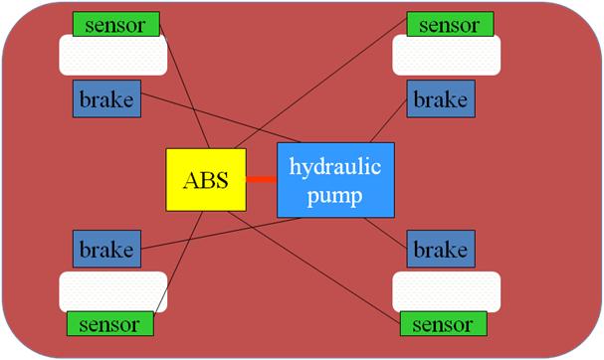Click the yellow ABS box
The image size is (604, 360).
[x=205, y=180]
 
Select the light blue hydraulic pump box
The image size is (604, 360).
[x=335, y=180]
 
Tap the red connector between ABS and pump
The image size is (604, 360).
[x=261, y=180]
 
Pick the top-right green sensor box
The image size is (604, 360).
[x=448, y=24]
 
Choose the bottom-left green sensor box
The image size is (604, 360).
[x=110, y=323]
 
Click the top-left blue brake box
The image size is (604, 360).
[x=106, y=99]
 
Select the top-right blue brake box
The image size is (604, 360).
[x=439, y=99]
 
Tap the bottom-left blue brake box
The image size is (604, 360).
[x=106, y=249]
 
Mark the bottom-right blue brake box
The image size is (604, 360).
[x=439, y=249]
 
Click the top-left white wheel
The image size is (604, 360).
[x=111, y=56]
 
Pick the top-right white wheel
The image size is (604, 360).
[x=445, y=56]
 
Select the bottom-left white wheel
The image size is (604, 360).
[x=111, y=291]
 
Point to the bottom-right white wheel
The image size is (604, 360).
[x=445, y=291]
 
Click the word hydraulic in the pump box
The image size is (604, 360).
[x=335, y=166]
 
